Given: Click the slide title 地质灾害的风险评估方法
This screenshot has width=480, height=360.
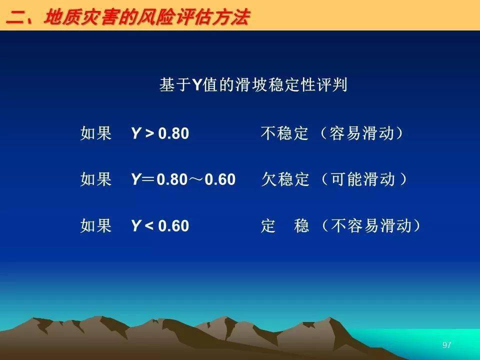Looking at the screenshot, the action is [x=147, y=17].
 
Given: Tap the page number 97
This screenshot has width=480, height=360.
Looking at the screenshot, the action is [x=446, y=345].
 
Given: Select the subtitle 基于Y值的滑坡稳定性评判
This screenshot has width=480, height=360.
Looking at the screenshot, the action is [x=253, y=84].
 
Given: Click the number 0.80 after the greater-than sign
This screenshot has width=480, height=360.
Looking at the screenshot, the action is [x=173, y=133].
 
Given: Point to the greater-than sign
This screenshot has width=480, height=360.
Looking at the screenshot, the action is [x=149, y=134].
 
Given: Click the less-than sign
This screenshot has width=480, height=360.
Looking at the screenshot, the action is [x=149, y=226].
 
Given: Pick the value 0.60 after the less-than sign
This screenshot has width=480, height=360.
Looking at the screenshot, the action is [x=173, y=226].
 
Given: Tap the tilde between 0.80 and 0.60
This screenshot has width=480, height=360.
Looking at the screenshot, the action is [x=196, y=179].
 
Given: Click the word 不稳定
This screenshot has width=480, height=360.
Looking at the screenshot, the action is [x=284, y=133].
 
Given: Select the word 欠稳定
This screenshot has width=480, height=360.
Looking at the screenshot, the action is [x=285, y=179].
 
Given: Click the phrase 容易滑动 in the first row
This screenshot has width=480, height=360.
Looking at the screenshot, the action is [x=361, y=133].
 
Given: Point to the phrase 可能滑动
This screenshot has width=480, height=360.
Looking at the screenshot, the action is [x=363, y=179].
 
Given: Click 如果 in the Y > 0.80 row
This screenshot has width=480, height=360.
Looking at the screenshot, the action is [x=95, y=133].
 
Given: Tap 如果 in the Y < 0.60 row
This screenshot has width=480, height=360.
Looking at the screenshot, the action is [x=95, y=225].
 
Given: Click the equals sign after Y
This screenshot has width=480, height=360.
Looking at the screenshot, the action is [x=149, y=179].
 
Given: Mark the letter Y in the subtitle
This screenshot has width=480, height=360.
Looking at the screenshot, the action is [x=196, y=85].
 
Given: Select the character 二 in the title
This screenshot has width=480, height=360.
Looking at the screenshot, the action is [x=16, y=18].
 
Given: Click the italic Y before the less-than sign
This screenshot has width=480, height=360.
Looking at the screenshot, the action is [x=136, y=226].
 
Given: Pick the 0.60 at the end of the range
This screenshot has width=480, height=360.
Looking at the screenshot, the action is [x=220, y=179].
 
